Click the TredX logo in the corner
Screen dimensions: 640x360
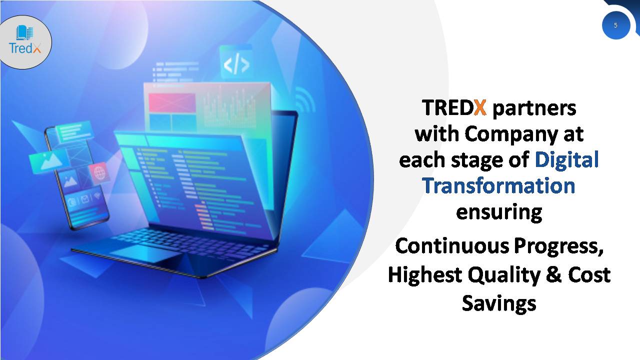[x=25, y=40]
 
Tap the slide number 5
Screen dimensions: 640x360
[x=615, y=25]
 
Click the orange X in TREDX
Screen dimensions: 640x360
[x=480, y=107]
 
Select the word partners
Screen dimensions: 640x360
[x=534, y=109]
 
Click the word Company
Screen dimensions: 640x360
[x=511, y=134]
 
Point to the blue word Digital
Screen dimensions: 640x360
[x=566, y=159]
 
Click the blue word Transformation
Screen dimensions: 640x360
[x=498, y=185]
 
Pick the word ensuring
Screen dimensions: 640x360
[x=499, y=212]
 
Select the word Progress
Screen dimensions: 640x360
[x=558, y=247]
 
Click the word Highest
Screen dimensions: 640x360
[x=425, y=275]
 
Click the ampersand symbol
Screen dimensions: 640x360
[x=554, y=275]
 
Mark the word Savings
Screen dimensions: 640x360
[x=499, y=304]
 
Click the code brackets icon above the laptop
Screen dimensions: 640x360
[x=236, y=65]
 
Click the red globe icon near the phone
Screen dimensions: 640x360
[x=99, y=173]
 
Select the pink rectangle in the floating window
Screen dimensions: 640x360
[x=172, y=102]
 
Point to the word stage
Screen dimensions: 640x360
[x=478, y=160]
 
